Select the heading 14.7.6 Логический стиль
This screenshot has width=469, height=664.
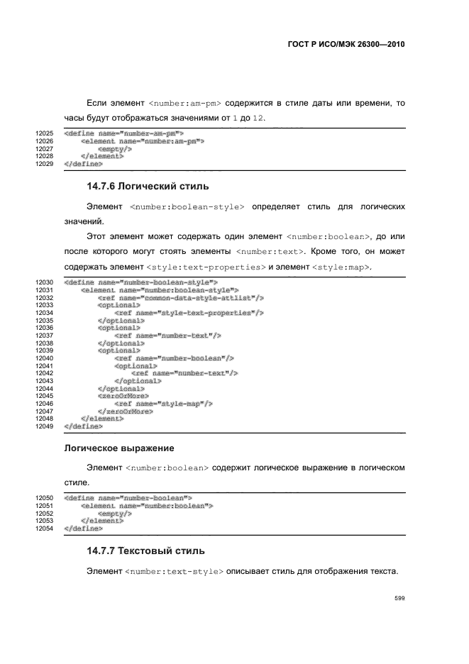[148, 187]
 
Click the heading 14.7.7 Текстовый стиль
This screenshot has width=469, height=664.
[145, 550]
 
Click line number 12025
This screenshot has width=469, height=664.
[45, 133]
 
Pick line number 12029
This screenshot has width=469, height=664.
[45, 164]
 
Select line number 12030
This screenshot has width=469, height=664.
[45, 282]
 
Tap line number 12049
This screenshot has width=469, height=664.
[45, 427]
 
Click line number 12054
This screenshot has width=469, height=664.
[45, 529]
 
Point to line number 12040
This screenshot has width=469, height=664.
[45, 358]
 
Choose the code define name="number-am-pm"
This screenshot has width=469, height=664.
[124, 133]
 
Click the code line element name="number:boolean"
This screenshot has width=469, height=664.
[148, 506]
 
